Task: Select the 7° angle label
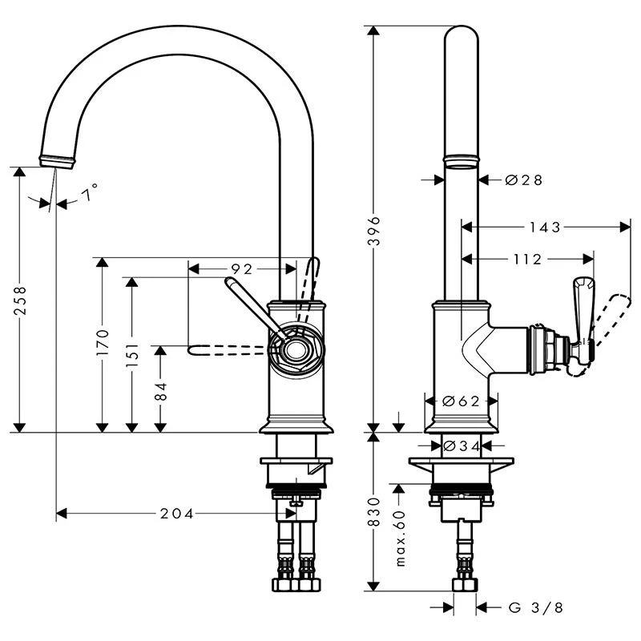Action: click(91, 192)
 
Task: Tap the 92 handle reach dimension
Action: click(242, 268)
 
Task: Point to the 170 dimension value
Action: click(101, 345)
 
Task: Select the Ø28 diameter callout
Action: click(524, 180)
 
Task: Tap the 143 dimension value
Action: click(545, 228)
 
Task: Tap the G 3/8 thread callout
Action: click(535, 607)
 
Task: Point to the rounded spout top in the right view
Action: click(461, 40)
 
